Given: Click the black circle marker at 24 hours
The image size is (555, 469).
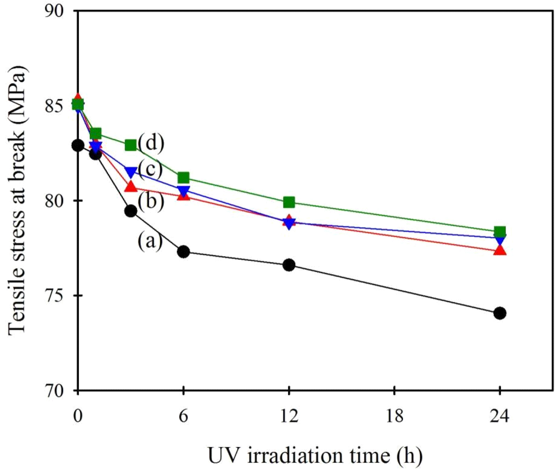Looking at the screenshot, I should coord(499,313).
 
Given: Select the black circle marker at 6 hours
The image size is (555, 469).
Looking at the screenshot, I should coord(183,252).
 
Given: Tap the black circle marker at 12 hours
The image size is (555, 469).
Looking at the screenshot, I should coord(289,265).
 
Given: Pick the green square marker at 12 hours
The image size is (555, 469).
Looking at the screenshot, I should coord(289,202).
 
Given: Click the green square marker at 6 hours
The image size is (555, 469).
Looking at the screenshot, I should coord(183,178).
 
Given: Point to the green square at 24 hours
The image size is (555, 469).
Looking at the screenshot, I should coord(499,231).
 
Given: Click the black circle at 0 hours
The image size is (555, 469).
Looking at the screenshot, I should coord(78,145).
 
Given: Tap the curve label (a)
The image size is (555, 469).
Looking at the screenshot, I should coord(150,241).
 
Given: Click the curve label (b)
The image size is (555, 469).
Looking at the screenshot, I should coord(151,202).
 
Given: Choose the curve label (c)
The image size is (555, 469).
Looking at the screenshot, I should coord(150,169).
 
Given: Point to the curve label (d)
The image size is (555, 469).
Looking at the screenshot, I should coord(151,143).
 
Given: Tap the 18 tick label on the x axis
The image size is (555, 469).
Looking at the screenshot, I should coord(394,415).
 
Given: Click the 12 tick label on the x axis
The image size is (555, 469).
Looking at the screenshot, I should coord(289,415).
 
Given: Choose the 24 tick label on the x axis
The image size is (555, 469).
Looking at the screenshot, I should coord(499,415).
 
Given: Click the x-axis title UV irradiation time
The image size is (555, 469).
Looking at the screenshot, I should coord(315,455).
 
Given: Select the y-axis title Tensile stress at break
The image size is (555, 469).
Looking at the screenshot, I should coord(18,200).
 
